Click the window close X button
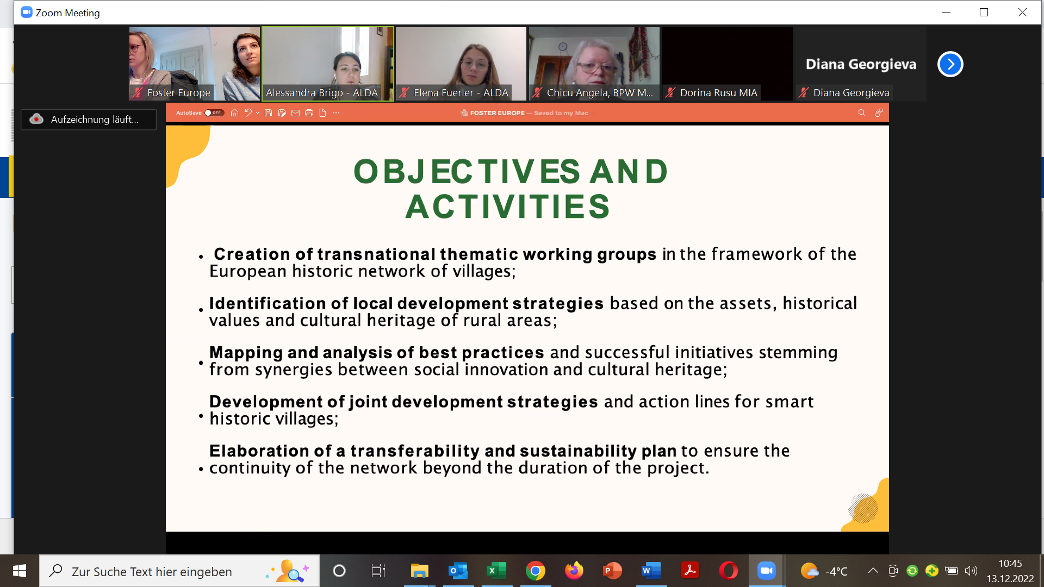pyautogui.click(x=1022, y=13)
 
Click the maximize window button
pyautogui.click(x=984, y=13)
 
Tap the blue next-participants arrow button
pyautogui.click(x=950, y=64)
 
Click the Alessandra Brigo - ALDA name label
pyautogui.click(x=321, y=93)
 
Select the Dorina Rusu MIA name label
pyautogui.click(x=718, y=93)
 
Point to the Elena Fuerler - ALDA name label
pyautogui.click(x=461, y=93)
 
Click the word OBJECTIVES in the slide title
pyautogui.click(x=467, y=172)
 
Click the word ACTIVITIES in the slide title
pyautogui.click(x=508, y=207)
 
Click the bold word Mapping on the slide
pyautogui.click(x=246, y=353)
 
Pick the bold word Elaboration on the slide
pyautogui.click(x=259, y=451)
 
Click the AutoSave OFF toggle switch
pyautogui.click(x=214, y=113)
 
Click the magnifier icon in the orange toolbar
pyautogui.click(x=861, y=113)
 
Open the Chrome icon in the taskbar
pyautogui.click(x=535, y=571)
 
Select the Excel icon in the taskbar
pyautogui.click(x=496, y=571)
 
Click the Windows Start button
pyautogui.click(x=20, y=571)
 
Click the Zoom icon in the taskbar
pyautogui.click(x=766, y=571)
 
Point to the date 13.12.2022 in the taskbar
pyautogui.click(x=1010, y=579)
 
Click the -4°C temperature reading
pyautogui.click(x=836, y=571)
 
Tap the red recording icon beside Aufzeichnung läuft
pyautogui.click(x=36, y=119)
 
